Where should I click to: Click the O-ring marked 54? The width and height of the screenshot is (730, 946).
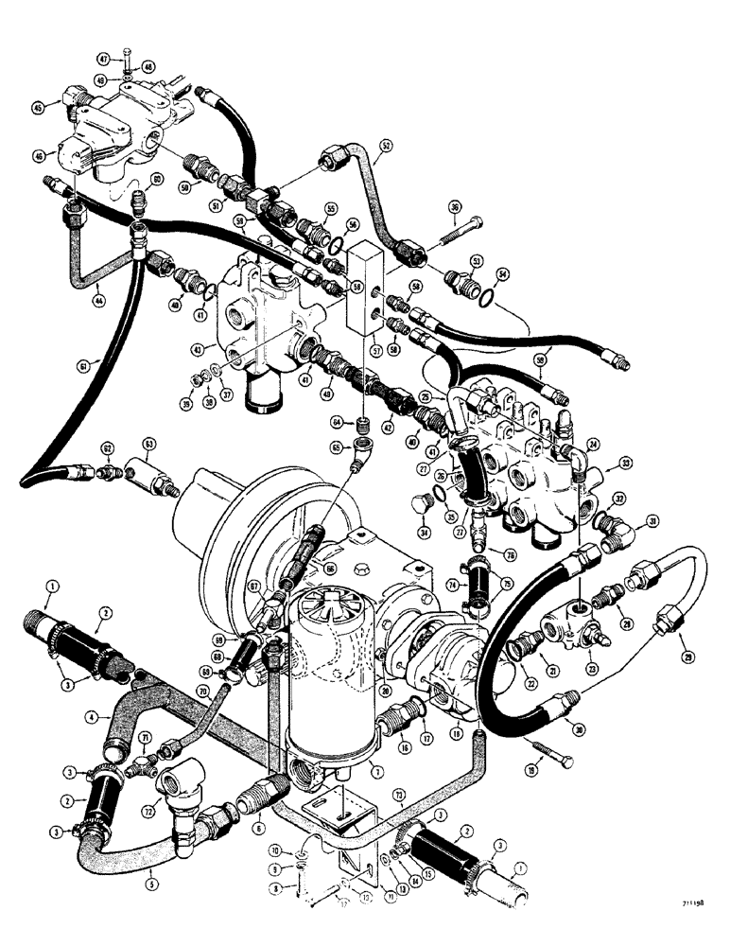click(x=485, y=300)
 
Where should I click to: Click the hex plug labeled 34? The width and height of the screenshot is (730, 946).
click(x=422, y=512)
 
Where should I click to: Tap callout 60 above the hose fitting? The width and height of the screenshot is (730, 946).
click(x=156, y=180)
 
